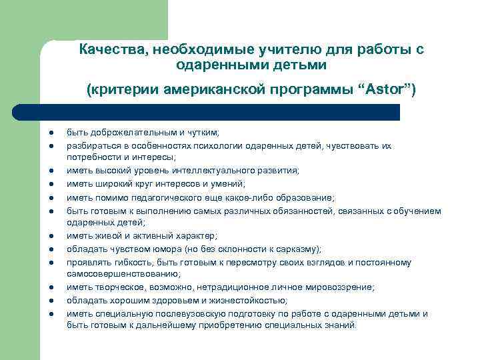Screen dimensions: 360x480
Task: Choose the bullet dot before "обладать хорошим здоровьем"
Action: tap(51, 301)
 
